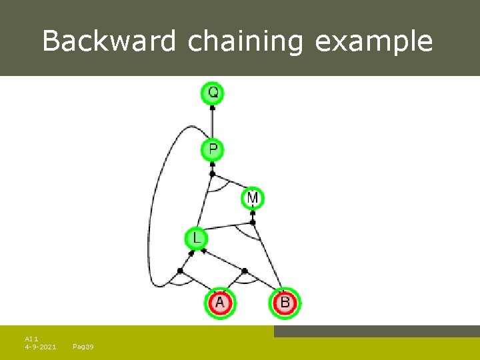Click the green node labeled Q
click(x=213, y=93)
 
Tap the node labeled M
click(x=253, y=198)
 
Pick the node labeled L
click(x=196, y=238)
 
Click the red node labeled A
click(x=221, y=303)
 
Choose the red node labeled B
click(x=285, y=303)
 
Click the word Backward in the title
click(x=110, y=41)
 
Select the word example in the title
click(x=373, y=41)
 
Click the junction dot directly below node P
click(x=212, y=175)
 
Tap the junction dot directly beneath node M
click(x=253, y=214)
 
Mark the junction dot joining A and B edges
click(x=245, y=271)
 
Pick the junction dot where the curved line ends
click(x=180, y=271)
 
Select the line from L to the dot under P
click(x=205, y=204)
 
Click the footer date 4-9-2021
click(x=40, y=347)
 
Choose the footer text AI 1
click(x=31, y=339)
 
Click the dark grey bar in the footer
click(x=377, y=331)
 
